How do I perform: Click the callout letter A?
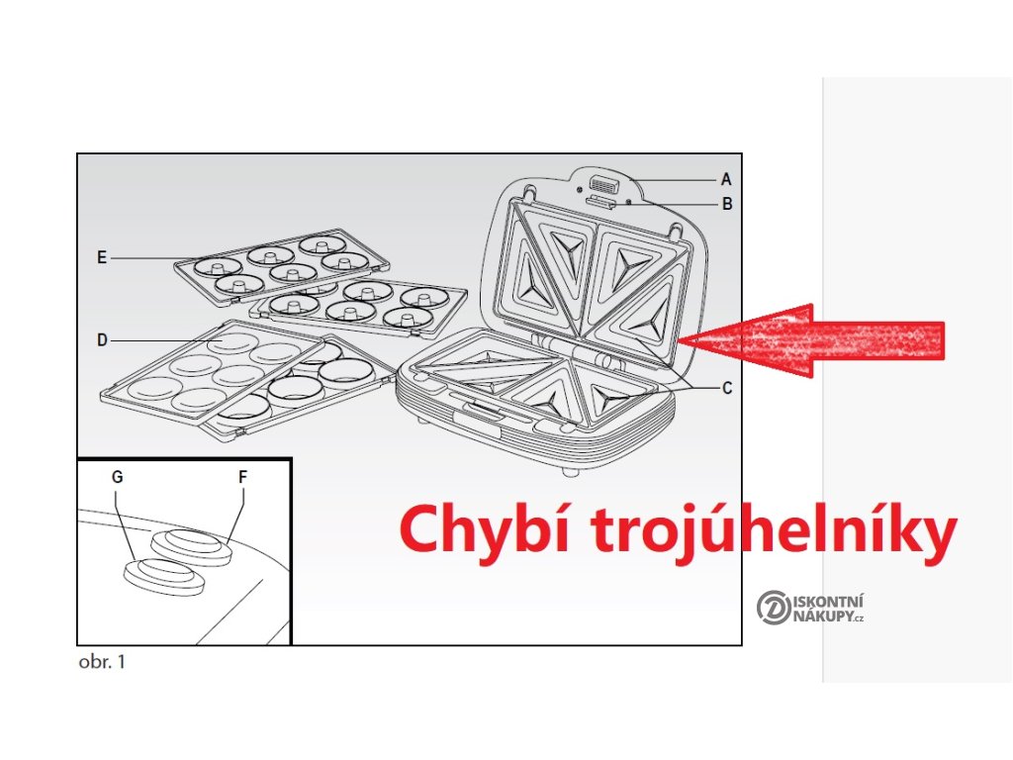726,180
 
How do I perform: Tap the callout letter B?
726,205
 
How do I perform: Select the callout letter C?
727,388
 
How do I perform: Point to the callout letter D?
102,340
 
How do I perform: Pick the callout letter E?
102,257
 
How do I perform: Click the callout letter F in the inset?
242,477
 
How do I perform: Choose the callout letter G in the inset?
118,477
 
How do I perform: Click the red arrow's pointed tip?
693,340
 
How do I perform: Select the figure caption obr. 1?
102,662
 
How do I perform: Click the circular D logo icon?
772,607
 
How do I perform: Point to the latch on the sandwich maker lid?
600,185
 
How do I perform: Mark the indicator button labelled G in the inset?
163,575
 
